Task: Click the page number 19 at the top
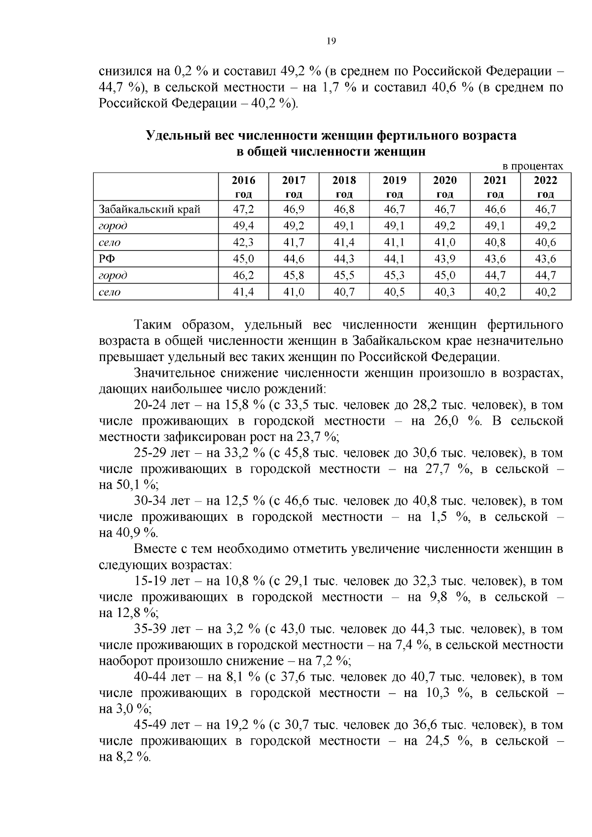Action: tap(331, 41)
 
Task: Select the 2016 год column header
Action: tap(244, 187)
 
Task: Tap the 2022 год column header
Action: tap(545, 187)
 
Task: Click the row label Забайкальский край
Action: tap(149, 209)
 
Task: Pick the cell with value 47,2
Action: tap(244, 209)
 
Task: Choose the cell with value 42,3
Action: tap(244, 242)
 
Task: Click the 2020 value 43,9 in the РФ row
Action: tap(444, 259)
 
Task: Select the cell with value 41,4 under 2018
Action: tap(344, 242)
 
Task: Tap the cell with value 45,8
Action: tap(294, 275)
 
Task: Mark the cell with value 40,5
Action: tap(394, 292)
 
